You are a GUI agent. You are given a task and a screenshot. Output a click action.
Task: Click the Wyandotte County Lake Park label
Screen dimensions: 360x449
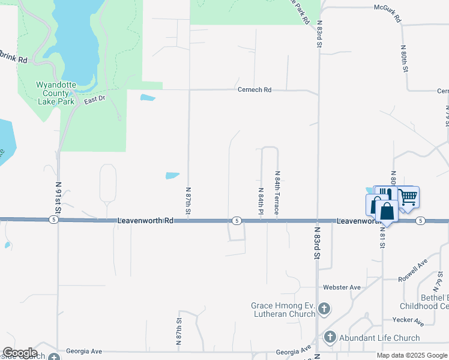55,93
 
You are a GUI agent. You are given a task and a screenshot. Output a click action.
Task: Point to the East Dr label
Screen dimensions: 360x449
94,100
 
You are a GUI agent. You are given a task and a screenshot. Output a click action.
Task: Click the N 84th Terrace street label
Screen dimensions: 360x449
277,193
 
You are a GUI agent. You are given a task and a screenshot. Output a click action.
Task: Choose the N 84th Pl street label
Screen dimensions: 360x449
261,200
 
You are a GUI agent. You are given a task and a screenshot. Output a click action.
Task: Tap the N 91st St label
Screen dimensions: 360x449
58,199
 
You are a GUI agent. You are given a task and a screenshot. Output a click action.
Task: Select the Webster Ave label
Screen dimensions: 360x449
342,287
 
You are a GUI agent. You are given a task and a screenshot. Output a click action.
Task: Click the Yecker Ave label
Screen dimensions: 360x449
408,322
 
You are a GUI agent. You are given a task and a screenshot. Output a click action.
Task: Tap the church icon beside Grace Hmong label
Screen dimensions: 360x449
324,309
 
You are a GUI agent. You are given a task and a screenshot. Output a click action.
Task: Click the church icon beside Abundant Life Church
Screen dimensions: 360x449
330,338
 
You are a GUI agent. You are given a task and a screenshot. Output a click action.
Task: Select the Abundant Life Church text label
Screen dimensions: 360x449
379,338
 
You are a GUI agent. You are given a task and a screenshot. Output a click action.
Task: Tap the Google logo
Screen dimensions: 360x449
19,353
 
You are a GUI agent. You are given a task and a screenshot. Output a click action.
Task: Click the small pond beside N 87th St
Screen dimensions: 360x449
172,176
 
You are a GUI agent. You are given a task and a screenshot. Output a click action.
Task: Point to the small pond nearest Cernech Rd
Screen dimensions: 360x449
148,97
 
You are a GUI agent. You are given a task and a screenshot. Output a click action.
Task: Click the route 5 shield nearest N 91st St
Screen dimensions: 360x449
54,220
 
